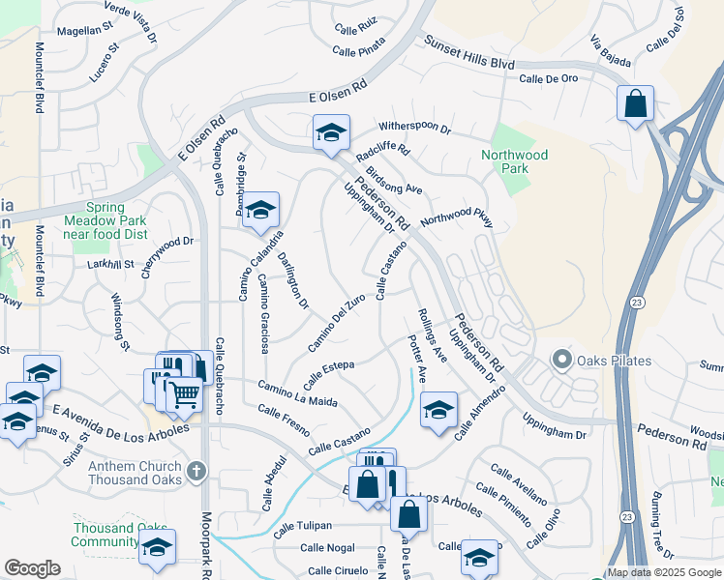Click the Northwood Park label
(x=514, y=161)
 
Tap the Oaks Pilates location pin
(x=561, y=361)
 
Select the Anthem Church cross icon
(x=196, y=471)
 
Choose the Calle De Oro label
(x=548, y=79)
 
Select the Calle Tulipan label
(x=302, y=528)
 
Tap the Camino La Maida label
(x=297, y=393)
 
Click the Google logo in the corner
(x=32, y=568)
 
